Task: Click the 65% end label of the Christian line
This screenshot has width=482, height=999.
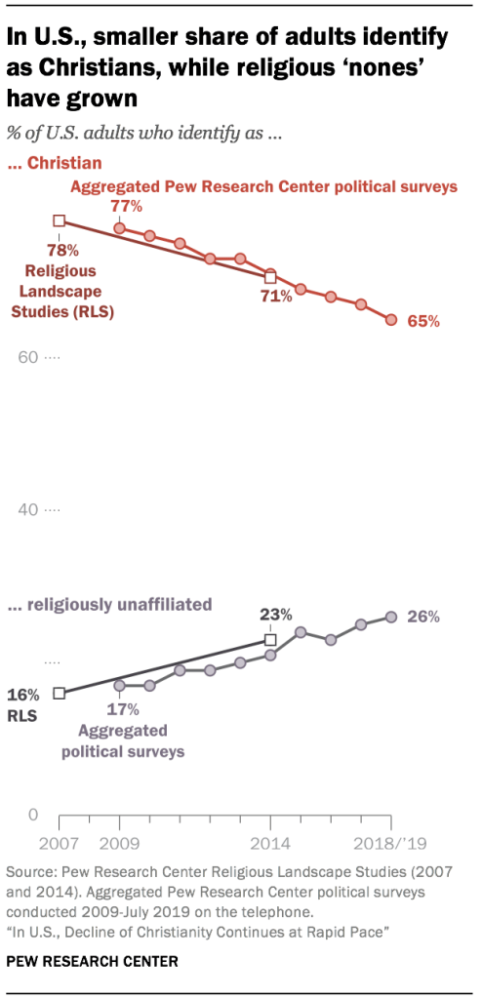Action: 423,321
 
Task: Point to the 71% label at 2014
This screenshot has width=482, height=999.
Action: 277,296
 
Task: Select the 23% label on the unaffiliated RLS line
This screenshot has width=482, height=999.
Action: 276,615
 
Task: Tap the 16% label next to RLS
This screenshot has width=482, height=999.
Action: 23,695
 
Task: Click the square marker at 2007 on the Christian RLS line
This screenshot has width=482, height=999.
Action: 60,221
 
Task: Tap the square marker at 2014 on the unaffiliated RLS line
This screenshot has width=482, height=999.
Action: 271,640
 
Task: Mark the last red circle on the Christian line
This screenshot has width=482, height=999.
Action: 391,320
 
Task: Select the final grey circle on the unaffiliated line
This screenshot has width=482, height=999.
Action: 391,617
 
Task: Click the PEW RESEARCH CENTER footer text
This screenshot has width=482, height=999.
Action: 94,962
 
